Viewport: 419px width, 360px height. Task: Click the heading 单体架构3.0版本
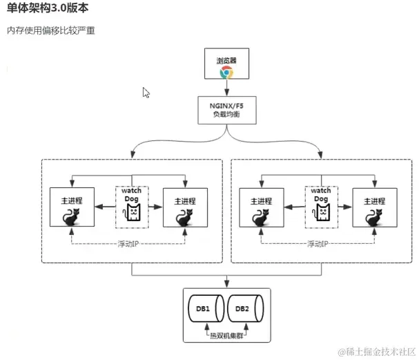pyautogui.click(x=48, y=9)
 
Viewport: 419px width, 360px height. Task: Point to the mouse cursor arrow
pyautogui.click(x=146, y=92)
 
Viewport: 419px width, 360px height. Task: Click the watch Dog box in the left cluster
pyautogui.click(x=131, y=206)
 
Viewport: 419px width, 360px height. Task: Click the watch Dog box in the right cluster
pyautogui.click(x=321, y=206)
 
